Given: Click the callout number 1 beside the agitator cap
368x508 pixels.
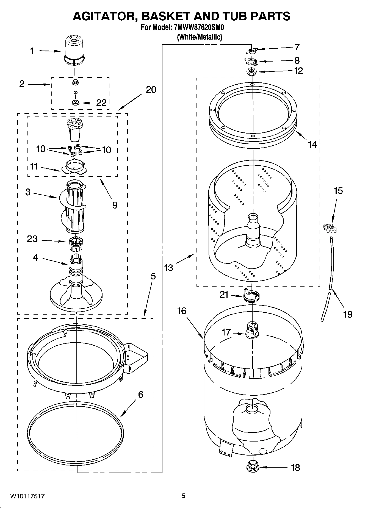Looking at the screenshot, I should coord(32,51).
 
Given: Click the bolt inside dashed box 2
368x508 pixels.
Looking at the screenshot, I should coord(74,87).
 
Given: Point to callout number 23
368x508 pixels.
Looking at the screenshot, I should coord(32,239).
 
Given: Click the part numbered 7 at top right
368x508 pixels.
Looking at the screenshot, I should coord(252,51).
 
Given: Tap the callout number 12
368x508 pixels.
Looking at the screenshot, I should coord(298,71).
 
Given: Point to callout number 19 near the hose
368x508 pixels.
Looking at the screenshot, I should coord(348,314).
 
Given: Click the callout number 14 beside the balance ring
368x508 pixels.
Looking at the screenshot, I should coord(312,144).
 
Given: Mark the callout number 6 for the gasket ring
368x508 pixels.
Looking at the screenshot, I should coord(140,395).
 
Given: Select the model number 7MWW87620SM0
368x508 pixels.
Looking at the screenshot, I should coord(197,27).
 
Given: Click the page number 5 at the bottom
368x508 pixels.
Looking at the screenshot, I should coord(184,496).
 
